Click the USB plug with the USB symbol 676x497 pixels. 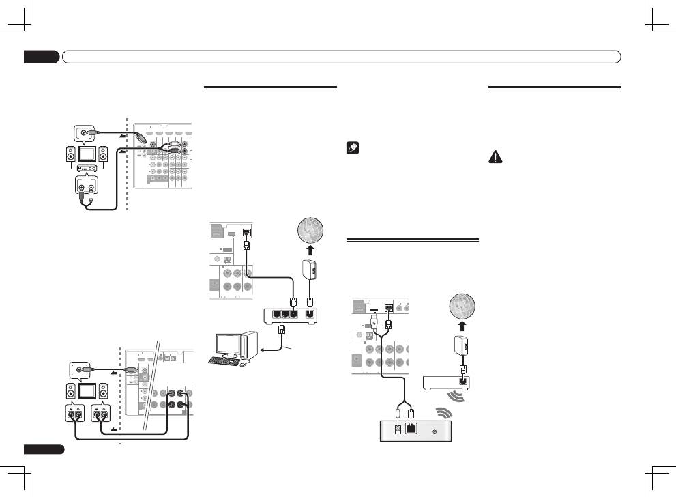point(374,319)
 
